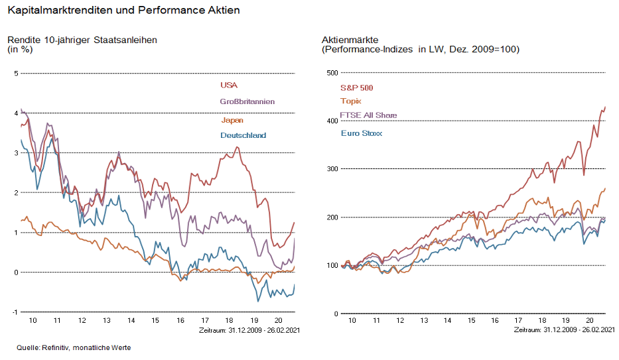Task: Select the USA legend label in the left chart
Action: [x=228, y=85]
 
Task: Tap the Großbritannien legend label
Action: [x=247, y=101]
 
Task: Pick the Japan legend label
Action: [x=232, y=120]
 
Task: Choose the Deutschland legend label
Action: [x=243, y=135]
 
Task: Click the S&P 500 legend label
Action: [x=356, y=87]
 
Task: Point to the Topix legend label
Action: [x=350, y=101]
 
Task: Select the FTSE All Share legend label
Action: [x=368, y=115]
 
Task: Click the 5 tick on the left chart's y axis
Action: [x=16, y=73]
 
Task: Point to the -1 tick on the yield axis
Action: [x=15, y=312]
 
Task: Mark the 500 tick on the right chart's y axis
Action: [x=332, y=73]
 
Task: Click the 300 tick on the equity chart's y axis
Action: [x=332, y=169]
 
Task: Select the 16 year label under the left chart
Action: [x=180, y=320]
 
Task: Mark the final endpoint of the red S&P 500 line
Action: [x=606, y=107]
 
